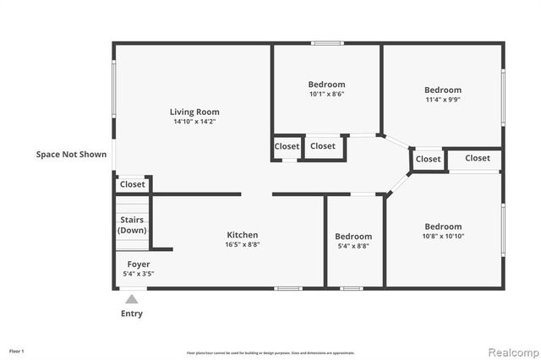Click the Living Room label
[194, 112]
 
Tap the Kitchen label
[242, 235]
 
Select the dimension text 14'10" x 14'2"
[194, 123]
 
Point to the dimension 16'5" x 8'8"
[242, 245]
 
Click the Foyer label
[139, 265]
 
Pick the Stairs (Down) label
[132, 225]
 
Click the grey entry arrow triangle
[131, 298]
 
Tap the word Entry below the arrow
[131, 314]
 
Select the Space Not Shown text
[71, 155]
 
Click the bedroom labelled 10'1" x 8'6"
[326, 85]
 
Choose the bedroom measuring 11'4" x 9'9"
[442, 90]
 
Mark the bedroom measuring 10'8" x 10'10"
[443, 226]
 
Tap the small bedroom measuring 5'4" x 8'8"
[352, 237]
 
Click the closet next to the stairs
[132, 184]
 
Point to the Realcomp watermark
[511, 350]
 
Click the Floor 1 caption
[17, 351]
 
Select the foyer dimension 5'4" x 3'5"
[139, 274]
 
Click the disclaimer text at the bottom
[270, 352]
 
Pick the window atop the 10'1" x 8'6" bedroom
[326, 43]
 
